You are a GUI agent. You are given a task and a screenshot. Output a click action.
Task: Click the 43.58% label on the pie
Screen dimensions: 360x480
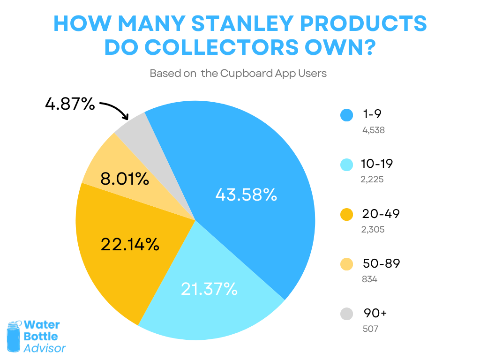246,195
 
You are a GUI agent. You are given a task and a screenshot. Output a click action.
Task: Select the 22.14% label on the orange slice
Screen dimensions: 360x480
130,244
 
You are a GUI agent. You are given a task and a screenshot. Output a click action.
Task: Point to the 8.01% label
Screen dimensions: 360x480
125,179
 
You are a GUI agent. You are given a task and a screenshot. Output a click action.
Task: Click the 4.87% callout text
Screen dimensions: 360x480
70,104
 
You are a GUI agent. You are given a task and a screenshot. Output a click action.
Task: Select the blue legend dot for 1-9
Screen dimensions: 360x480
347,115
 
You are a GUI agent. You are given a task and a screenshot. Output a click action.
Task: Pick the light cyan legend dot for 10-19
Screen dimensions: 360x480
347,165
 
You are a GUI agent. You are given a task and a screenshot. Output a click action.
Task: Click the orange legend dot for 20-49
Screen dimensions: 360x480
347,215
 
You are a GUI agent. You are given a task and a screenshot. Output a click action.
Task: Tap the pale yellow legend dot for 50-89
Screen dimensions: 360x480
347,264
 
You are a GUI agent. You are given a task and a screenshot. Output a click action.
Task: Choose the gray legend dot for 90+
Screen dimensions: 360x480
347,314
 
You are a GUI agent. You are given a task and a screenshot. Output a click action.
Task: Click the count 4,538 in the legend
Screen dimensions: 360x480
374,130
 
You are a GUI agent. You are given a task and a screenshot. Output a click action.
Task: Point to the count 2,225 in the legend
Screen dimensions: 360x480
373,180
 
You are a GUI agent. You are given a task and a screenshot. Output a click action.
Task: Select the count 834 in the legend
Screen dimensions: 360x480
370,279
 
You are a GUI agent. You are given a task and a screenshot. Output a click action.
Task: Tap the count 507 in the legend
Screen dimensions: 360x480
370,329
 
